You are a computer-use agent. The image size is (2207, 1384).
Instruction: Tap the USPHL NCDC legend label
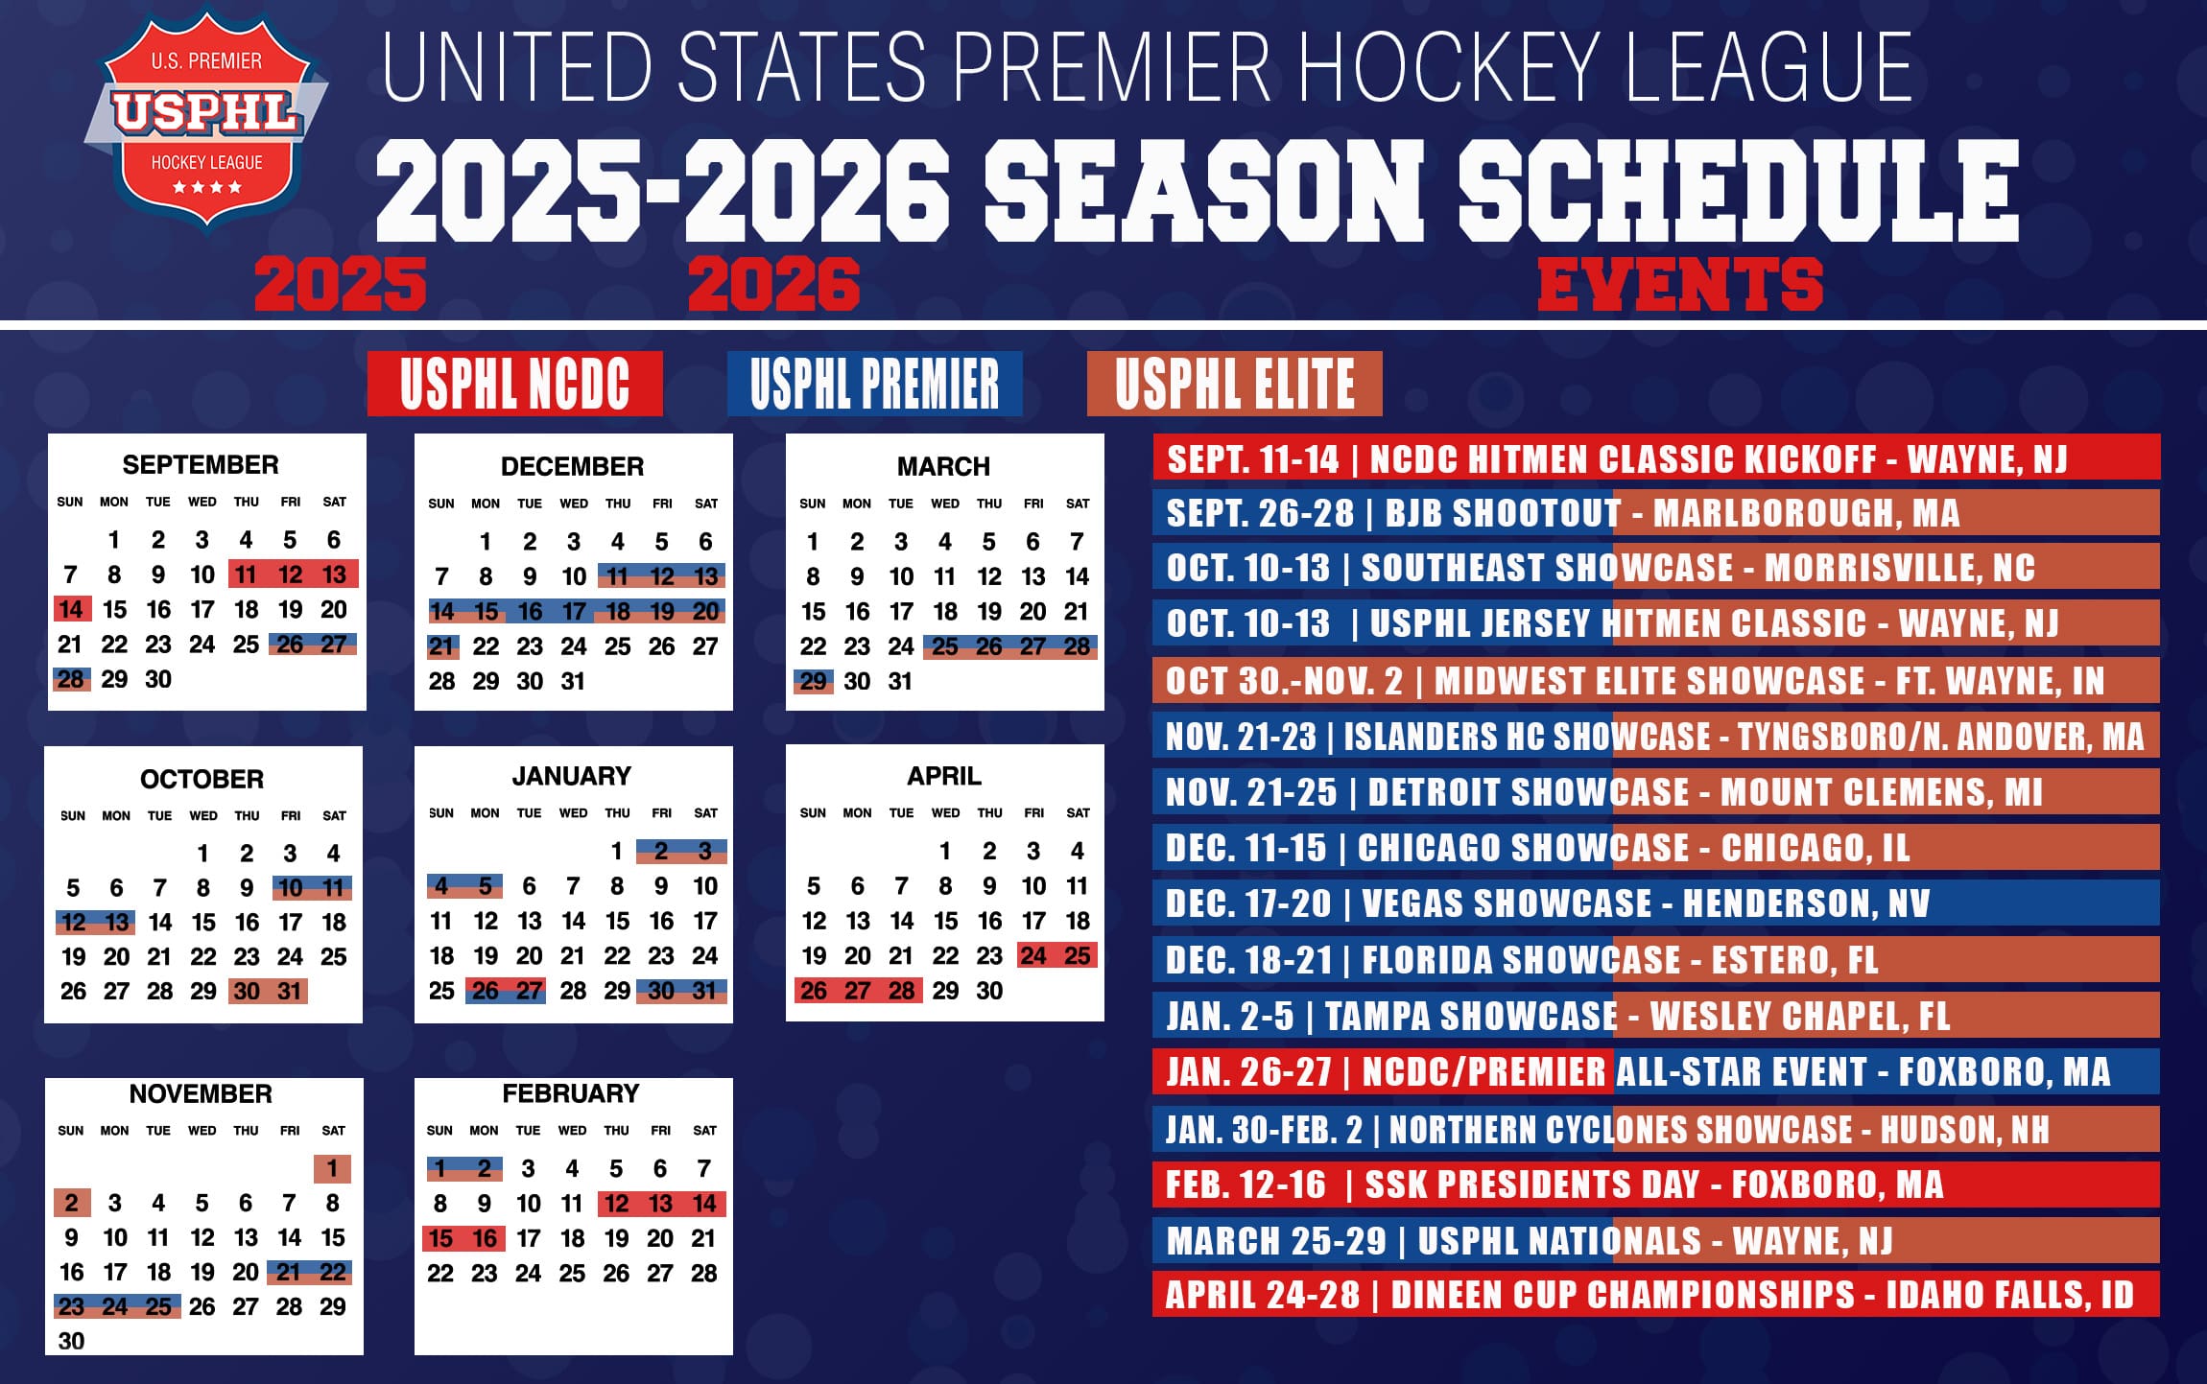pos(514,384)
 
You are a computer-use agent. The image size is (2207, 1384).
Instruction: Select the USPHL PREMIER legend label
pos(874,384)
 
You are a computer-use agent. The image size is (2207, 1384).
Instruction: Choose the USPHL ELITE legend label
pos(1234,384)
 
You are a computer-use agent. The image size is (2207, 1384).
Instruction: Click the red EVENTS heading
pos(1679,285)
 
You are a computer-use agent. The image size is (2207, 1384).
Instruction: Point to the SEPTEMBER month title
pos(201,465)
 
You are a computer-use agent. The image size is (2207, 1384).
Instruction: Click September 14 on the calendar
pos(71,609)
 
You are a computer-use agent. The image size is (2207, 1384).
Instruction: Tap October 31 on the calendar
pos(290,991)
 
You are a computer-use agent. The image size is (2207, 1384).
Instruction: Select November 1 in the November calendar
pos(332,1168)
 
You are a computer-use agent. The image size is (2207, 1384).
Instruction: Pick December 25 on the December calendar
pos(617,646)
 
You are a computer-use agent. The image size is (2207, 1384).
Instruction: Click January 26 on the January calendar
pos(486,991)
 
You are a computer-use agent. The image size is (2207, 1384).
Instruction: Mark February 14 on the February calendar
pos(704,1204)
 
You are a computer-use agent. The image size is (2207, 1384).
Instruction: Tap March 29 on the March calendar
pos(813,681)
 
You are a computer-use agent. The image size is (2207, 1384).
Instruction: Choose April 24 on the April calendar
pos(1033,955)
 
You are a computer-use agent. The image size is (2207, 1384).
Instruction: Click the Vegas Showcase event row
pos(1655,903)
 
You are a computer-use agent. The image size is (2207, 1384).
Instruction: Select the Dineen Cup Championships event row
pos(1655,1295)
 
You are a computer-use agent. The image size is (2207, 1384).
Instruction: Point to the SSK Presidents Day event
pos(1655,1185)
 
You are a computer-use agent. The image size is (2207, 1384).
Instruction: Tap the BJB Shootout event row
pos(1655,513)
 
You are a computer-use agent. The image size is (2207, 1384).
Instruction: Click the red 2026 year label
pos(773,285)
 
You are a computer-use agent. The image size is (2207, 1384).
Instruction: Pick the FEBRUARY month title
pos(571,1093)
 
